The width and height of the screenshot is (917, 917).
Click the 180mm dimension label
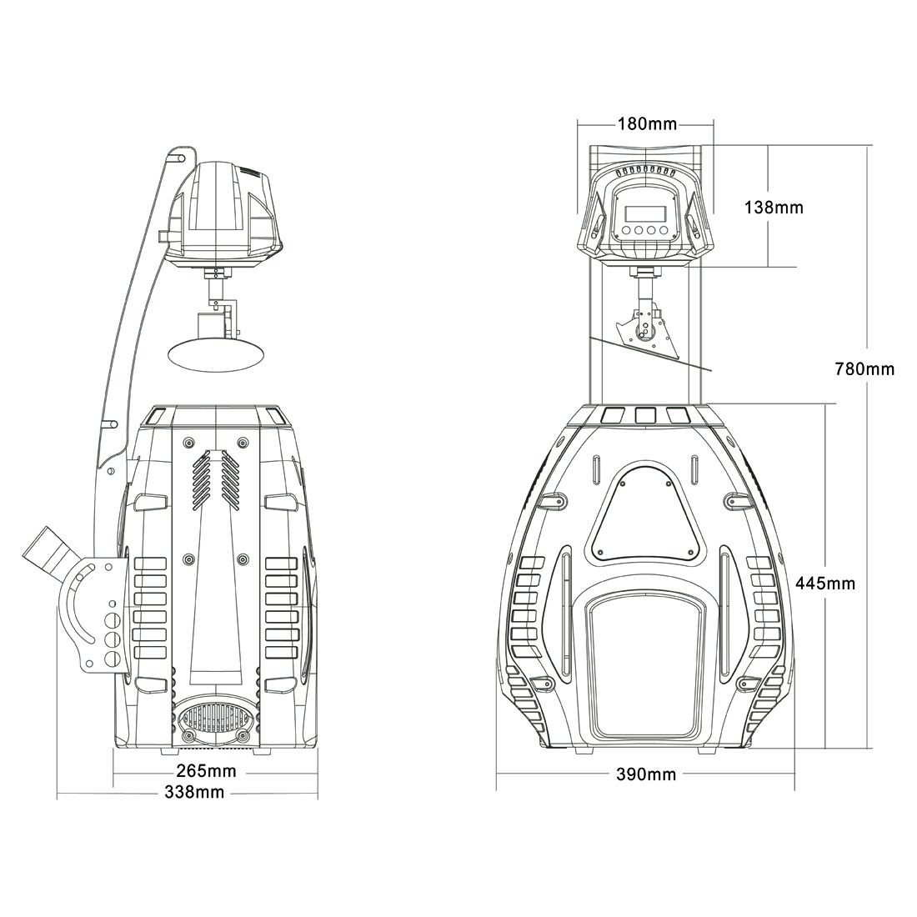pos(647,124)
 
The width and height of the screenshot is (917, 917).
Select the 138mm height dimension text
pos(774,207)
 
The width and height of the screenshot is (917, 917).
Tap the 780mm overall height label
pos(864,369)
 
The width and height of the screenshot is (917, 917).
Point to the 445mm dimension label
pos(825,583)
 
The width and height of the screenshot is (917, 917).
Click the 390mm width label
pos(645,774)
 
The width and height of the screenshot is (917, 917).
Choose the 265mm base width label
pos(207,771)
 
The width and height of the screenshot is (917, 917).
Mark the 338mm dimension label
pos(194,792)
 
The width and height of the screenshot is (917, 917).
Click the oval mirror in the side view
pos(215,353)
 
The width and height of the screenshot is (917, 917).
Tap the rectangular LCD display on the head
pos(644,213)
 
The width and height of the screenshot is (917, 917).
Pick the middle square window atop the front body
pos(644,414)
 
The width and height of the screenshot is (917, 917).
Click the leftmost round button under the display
pos(626,230)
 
